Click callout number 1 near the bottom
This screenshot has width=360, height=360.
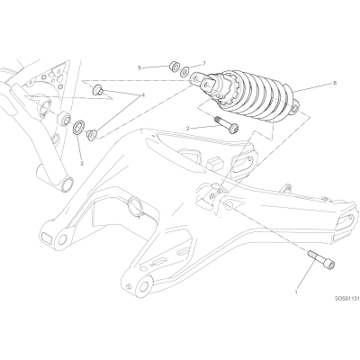click(296, 292)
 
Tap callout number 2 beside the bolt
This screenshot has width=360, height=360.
click(188, 129)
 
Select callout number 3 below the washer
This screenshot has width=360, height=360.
click(82, 164)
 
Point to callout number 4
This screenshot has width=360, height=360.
click(143, 95)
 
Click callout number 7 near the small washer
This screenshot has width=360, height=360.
click(204, 63)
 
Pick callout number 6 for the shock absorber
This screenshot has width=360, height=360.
click(335, 83)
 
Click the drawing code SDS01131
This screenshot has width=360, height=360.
click(346, 299)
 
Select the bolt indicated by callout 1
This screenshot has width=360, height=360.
click(320, 258)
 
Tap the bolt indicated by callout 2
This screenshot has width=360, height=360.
click(226, 124)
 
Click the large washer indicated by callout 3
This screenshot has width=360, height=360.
click(80, 127)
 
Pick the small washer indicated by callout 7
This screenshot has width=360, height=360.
click(184, 71)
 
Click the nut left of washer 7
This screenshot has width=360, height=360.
click(175, 67)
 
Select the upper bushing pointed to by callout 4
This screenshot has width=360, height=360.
click(98, 89)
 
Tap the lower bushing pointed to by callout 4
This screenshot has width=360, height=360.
click(91, 134)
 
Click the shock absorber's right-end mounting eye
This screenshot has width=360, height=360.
click(295, 109)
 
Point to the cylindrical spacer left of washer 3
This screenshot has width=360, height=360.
click(65, 118)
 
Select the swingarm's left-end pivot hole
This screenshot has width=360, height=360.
click(62, 239)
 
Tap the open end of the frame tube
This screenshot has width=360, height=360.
click(67, 184)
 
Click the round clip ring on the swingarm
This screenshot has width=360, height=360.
click(135, 207)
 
